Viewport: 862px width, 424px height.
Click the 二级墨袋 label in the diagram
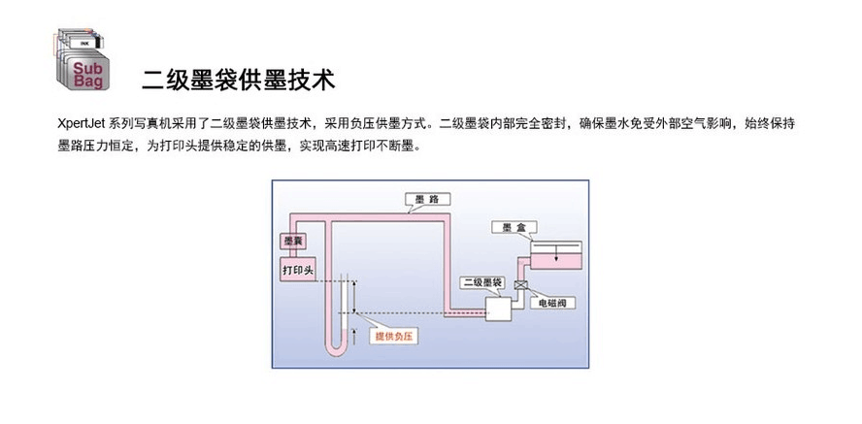tap(482, 282)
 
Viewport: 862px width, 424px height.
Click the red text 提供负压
tap(395, 335)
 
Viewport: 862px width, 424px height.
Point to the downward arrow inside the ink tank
tap(554, 254)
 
